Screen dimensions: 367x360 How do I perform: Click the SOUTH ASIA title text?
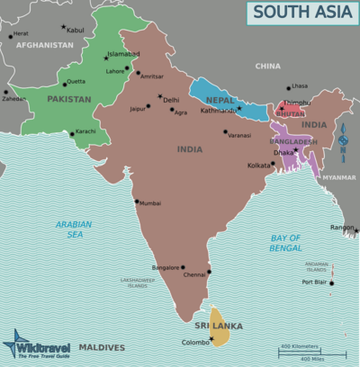point(301,12)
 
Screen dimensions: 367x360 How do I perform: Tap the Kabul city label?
point(76,30)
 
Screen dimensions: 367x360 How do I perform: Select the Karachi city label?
point(85,132)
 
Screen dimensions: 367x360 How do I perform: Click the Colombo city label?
point(196,342)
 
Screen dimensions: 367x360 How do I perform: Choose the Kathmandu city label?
point(219,111)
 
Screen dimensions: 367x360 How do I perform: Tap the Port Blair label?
point(313,282)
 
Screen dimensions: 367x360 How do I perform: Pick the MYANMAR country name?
point(339,178)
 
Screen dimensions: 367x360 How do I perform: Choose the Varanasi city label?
point(239,134)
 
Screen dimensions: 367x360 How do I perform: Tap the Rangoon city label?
point(342,228)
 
